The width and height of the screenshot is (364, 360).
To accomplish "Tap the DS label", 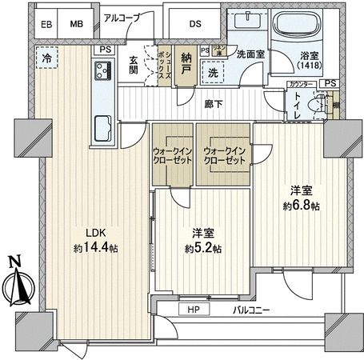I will coord(194,24).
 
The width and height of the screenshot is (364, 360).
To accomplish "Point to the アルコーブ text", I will coord(123,17).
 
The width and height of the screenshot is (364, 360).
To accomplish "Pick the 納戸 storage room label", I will coord(185,59).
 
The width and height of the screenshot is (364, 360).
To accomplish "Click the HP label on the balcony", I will coord(194,309).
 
